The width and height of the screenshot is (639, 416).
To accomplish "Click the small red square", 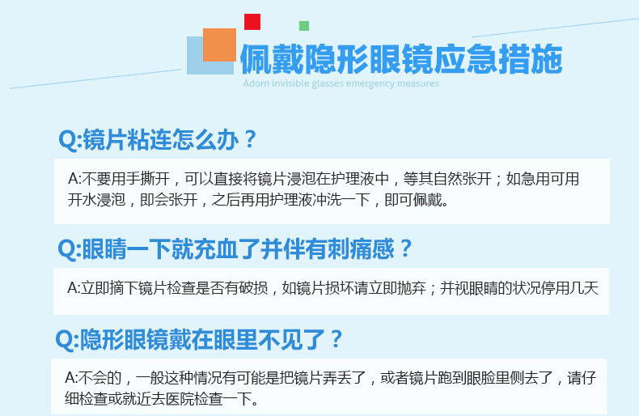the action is point(252,22).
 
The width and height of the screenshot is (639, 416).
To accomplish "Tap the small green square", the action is point(304,26).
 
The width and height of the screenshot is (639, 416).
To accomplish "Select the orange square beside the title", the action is point(220,45).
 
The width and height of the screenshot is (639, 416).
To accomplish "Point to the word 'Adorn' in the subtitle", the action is point(256,83).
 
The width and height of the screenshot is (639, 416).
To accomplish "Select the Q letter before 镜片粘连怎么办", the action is point(68,140).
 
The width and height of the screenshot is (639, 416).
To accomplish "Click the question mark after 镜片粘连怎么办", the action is point(249,139).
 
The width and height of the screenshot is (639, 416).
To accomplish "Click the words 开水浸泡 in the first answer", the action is point(96,200).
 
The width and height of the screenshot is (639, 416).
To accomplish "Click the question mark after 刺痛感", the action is point(405,248).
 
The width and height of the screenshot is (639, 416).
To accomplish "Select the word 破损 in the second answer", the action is point(253,288).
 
